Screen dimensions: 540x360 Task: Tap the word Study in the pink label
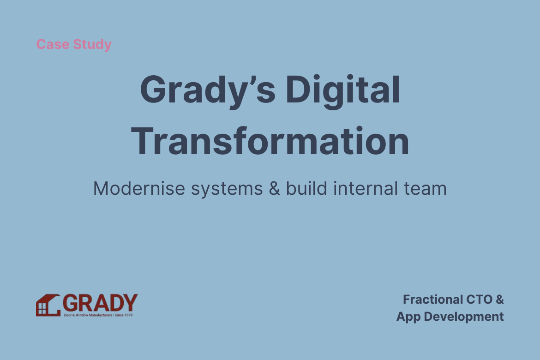coord(92,45)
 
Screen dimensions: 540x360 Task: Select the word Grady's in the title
coord(208,90)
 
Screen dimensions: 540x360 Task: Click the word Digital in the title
coord(342,90)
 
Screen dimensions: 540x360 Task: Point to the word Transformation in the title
coord(270,141)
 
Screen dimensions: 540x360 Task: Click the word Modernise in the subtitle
coord(139,188)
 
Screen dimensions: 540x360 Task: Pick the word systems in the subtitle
coord(227,190)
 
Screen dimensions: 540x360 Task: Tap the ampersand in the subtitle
coord(275,188)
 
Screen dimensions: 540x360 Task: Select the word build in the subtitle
coord(306,188)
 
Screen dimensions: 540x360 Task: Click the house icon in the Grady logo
coord(48,305)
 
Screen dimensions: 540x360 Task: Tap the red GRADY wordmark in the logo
coord(100,303)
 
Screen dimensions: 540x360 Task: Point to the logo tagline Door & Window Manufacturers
coord(88,315)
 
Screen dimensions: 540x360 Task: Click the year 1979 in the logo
coord(128,315)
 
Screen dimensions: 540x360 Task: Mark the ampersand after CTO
coord(500,300)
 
